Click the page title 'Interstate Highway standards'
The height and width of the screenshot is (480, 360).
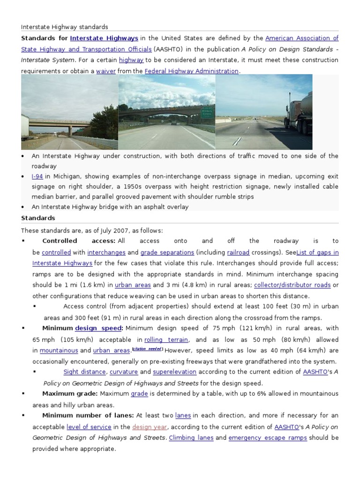pos(65,27)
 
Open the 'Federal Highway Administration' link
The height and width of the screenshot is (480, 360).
pos(191,71)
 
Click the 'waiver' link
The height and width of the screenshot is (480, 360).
pos(105,71)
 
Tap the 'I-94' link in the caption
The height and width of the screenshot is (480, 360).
pos(37,176)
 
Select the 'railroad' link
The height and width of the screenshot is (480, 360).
pos(238,252)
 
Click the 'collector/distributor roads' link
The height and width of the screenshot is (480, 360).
pos(292,285)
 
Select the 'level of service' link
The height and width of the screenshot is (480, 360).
pos(89,427)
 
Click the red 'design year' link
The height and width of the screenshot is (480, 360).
pos(150,427)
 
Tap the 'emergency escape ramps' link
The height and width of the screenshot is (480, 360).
pos(268,438)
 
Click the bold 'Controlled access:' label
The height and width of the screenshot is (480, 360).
pos(79,241)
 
